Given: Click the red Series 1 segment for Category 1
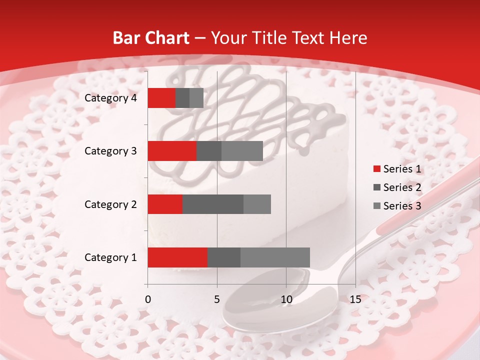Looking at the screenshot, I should click(x=177, y=257).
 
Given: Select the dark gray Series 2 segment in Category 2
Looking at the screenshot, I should click(x=212, y=204).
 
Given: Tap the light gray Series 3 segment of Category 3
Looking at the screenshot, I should click(x=242, y=151).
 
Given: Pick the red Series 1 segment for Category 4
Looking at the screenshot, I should click(x=161, y=98).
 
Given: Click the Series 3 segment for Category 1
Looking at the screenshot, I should click(x=275, y=257).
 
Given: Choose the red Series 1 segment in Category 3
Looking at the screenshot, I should click(x=171, y=151).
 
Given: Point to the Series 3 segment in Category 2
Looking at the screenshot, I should click(x=257, y=204).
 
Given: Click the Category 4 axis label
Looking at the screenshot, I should click(x=110, y=98).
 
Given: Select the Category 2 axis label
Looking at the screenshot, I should click(x=110, y=204).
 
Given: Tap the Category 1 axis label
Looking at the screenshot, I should click(x=110, y=257).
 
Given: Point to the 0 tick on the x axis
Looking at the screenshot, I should click(x=147, y=299).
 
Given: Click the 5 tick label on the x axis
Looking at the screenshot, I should click(x=217, y=299).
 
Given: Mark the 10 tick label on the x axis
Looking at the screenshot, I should click(x=286, y=299).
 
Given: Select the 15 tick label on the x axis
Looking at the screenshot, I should click(x=355, y=299).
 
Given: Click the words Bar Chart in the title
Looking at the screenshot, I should click(x=151, y=38).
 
